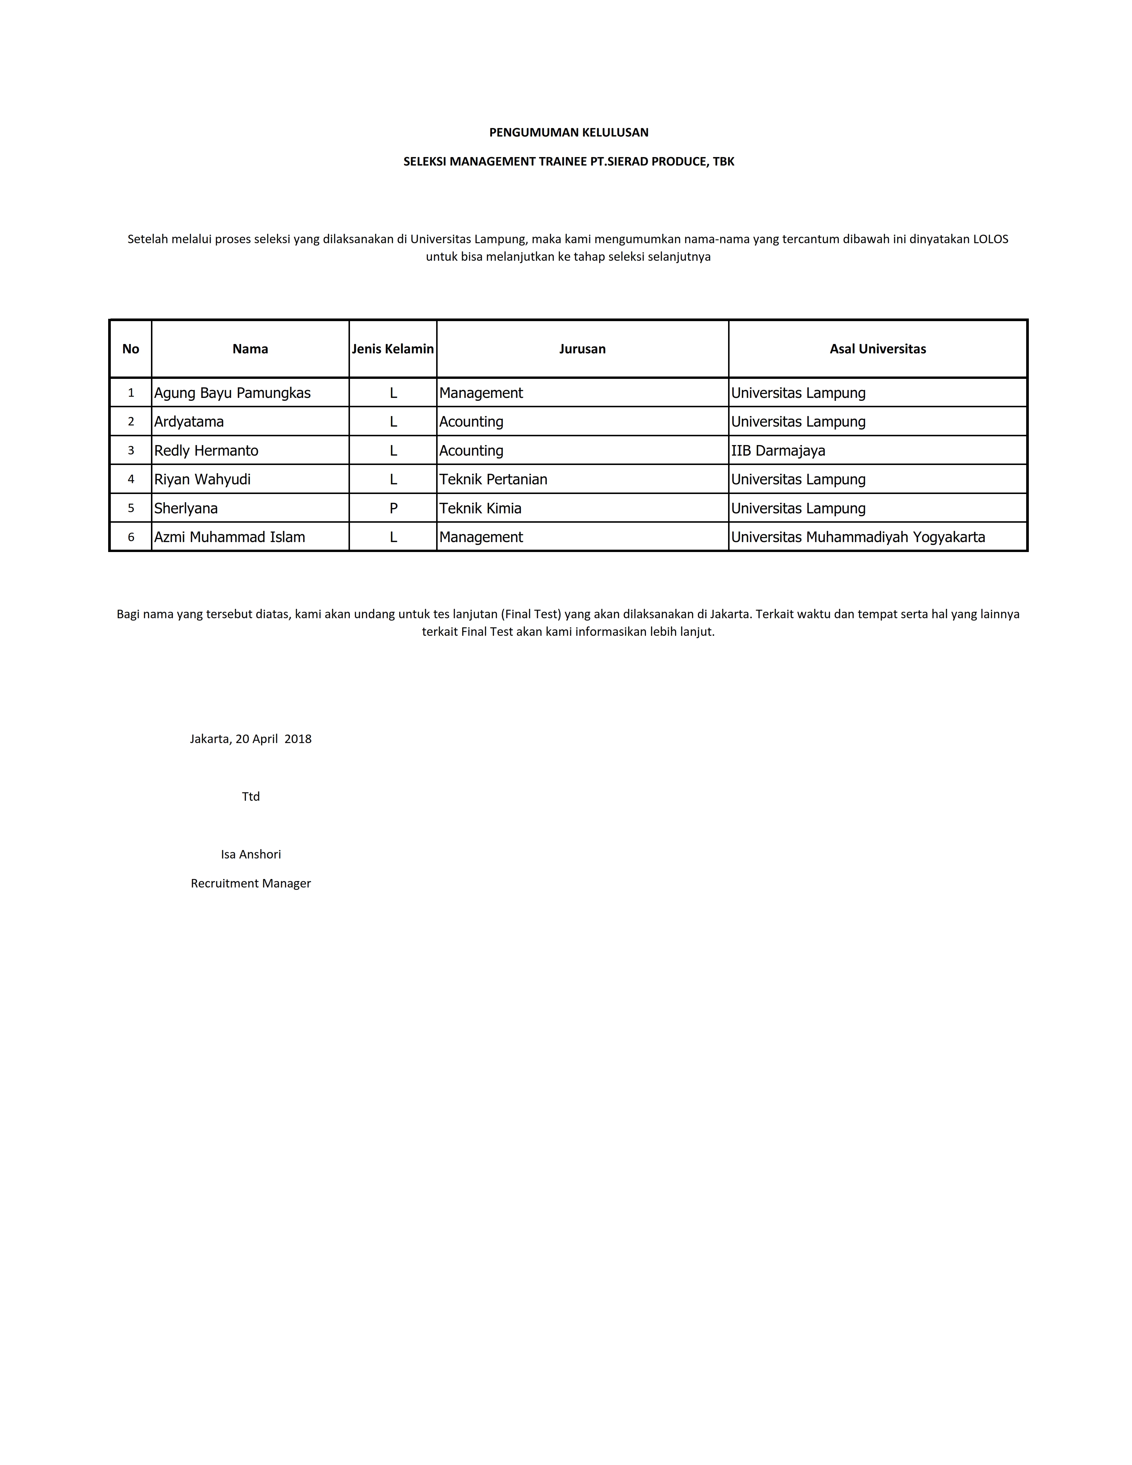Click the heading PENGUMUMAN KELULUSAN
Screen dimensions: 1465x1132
(x=568, y=132)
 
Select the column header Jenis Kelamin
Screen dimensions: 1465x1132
(x=392, y=349)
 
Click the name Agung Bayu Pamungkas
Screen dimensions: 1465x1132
(x=232, y=393)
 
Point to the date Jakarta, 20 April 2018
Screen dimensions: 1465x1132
(x=250, y=739)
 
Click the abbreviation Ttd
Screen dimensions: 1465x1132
(x=250, y=796)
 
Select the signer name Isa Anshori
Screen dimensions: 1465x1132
(x=250, y=854)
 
